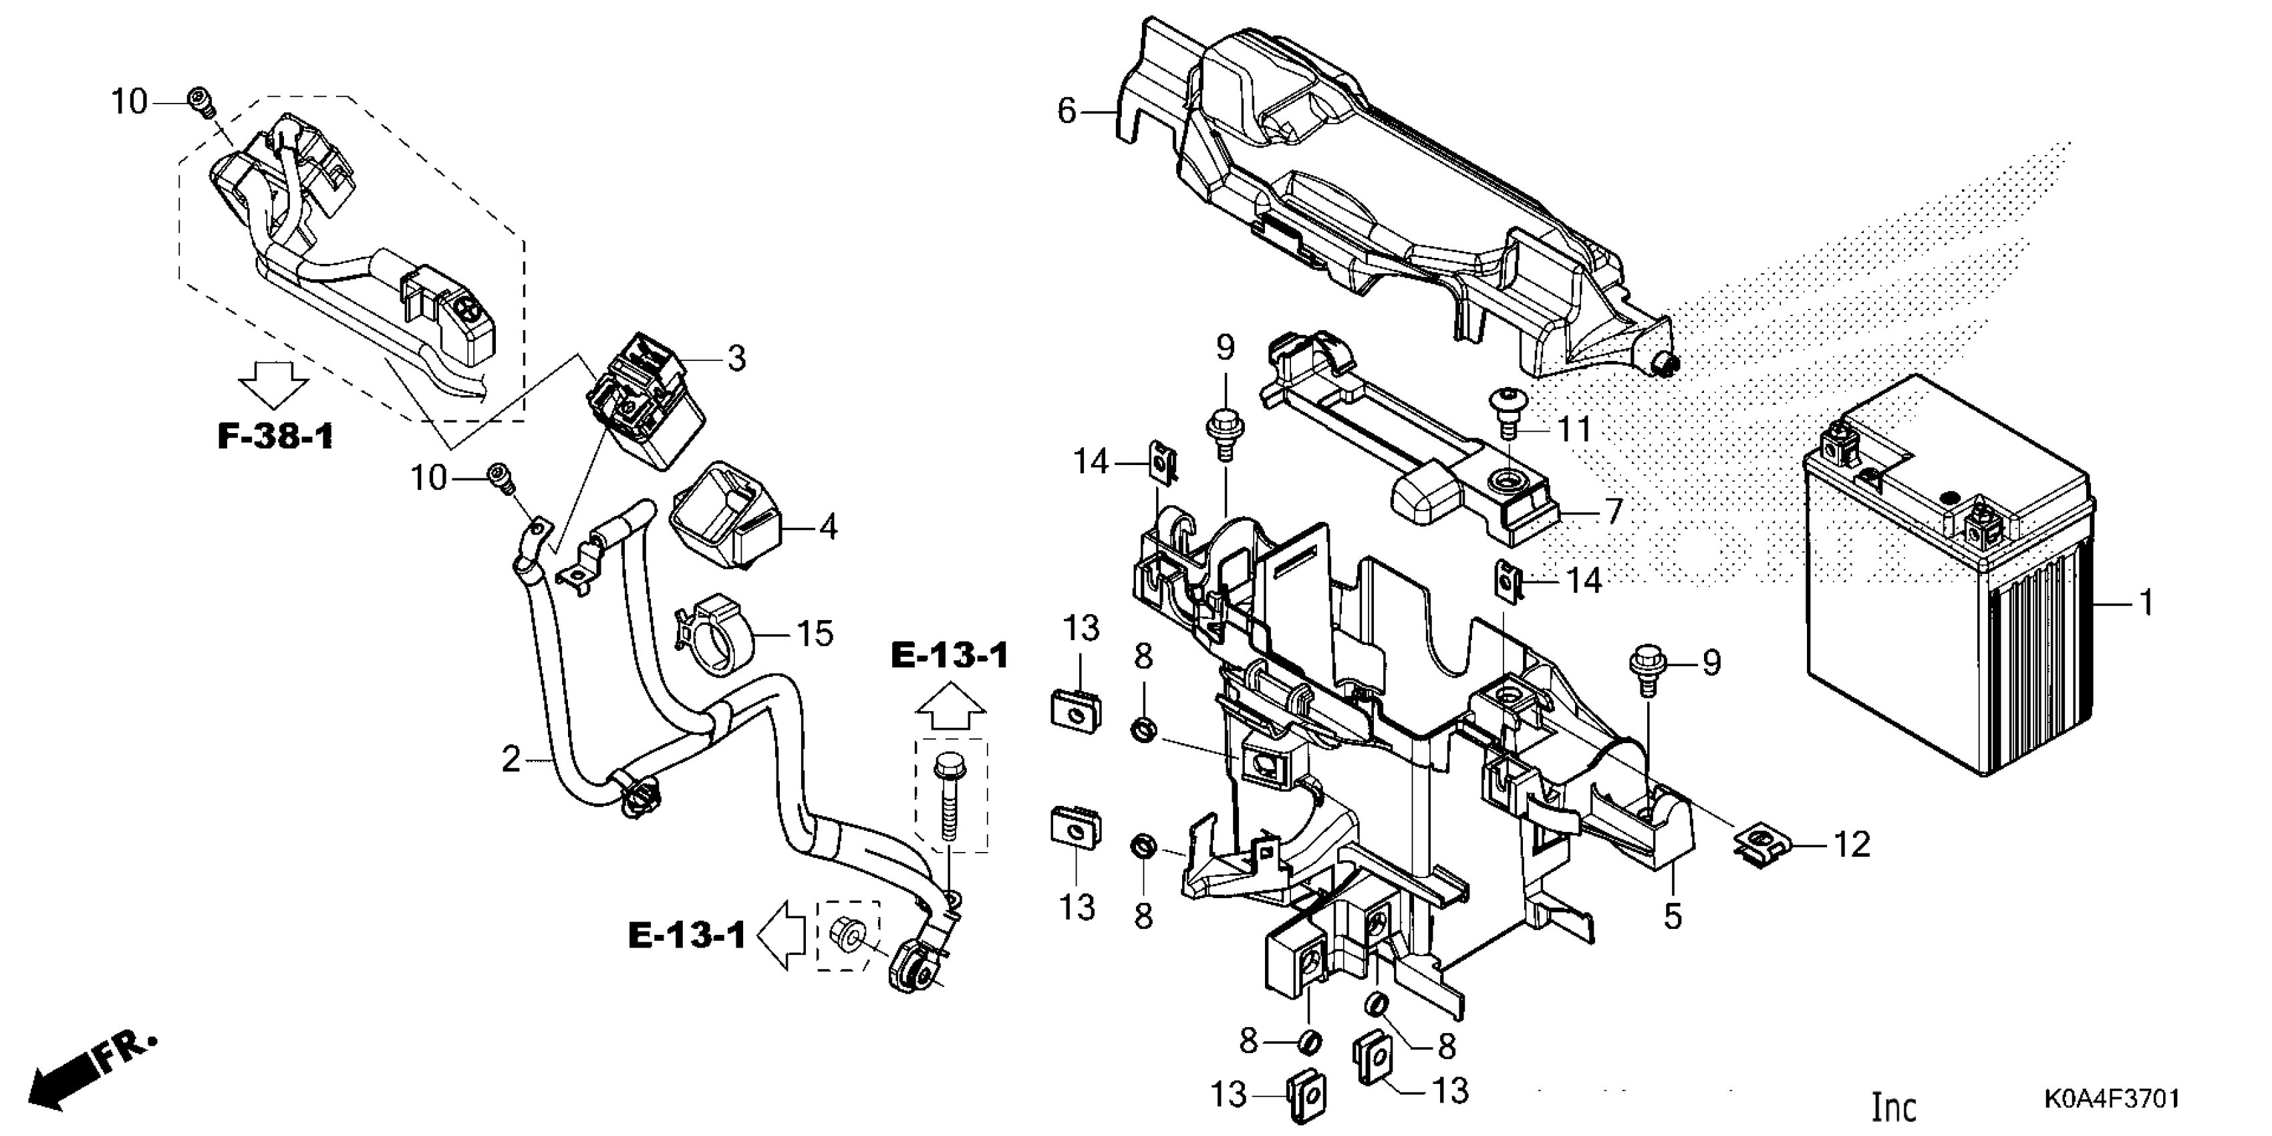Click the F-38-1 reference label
(275, 436)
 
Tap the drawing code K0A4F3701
(2112, 1099)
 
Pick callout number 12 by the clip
(1852, 844)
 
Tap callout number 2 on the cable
(512, 759)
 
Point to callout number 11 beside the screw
(1574, 430)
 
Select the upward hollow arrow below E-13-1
(950, 708)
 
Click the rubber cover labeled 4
(725, 514)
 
